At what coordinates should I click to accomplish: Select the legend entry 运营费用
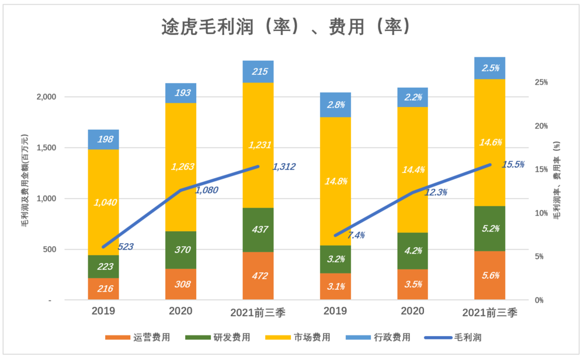click(x=138, y=337)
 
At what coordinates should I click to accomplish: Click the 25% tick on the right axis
click(x=543, y=82)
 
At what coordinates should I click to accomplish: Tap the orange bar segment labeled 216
click(x=103, y=289)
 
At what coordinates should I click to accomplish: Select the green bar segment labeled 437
click(x=258, y=230)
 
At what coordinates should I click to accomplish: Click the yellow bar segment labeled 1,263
click(x=180, y=167)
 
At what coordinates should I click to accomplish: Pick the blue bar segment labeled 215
click(x=258, y=72)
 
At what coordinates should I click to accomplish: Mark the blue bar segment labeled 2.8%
click(x=335, y=105)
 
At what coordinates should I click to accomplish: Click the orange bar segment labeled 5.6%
click(x=490, y=275)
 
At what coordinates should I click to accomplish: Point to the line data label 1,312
click(x=284, y=167)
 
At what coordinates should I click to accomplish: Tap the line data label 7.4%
click(x=356, y=235)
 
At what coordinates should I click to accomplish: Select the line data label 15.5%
click(x=513, y=165)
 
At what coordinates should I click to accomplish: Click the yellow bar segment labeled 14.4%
click(x=412, y=169)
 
